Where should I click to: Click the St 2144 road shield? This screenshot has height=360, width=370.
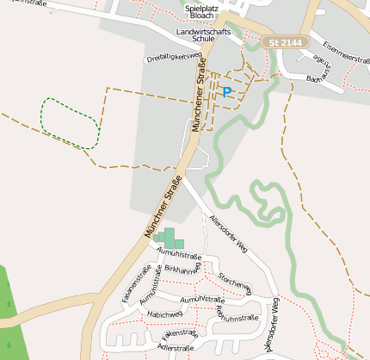tap(285, 42)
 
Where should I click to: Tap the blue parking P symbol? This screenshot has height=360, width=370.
tap(227, 91)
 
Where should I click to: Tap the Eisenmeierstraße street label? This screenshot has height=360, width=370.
tap(343, 53)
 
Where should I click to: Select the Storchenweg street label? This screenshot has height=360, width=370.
tap(234, 283)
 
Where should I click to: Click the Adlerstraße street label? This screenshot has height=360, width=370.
tap(176, 348)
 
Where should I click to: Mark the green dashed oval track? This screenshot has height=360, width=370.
tap(69, 122)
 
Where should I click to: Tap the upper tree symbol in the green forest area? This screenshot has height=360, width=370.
tap(7, 283)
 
